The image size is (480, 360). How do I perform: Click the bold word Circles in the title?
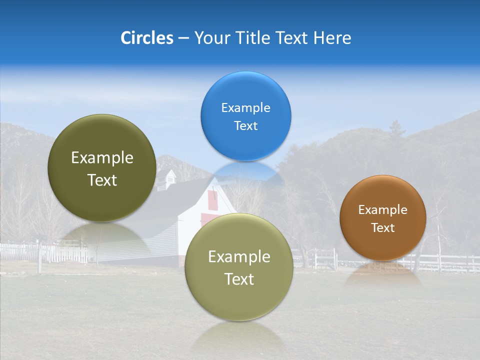pyautogui.click(x=147, y=38)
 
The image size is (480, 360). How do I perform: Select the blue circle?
pyautogui.click(x=245, y=116)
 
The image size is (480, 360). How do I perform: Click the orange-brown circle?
pyautogui.click(x=383, y=217)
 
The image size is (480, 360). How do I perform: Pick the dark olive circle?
pyautogui.click(x=102, y=168)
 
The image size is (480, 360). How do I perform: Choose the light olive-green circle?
pyautogui.click(x=239, y=267)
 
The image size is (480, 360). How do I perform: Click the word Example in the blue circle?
pyautogui.click(x=245, y=107)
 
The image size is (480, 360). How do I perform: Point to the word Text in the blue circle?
pyautogui.click(x=245, y=125)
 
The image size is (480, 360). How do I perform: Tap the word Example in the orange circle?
pyautogui.click(x=383, y=209)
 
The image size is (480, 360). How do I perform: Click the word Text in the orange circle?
pyautogui.click(x=383, y=227)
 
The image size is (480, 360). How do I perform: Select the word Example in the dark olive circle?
pyautogui.click(x=102, y=158)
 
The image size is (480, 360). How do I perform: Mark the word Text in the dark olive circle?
pyautogui.click(x=102, y=180)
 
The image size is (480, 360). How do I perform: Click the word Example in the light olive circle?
pyautogui.click(x=239, y=257)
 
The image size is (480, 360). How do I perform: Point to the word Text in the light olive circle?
pyautogui.click(x=239, y=279)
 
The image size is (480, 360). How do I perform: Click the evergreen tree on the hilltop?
pyautogui.click(x=397, y=129)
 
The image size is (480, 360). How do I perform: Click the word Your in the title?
pyautogui.click(x=208, y=38)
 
